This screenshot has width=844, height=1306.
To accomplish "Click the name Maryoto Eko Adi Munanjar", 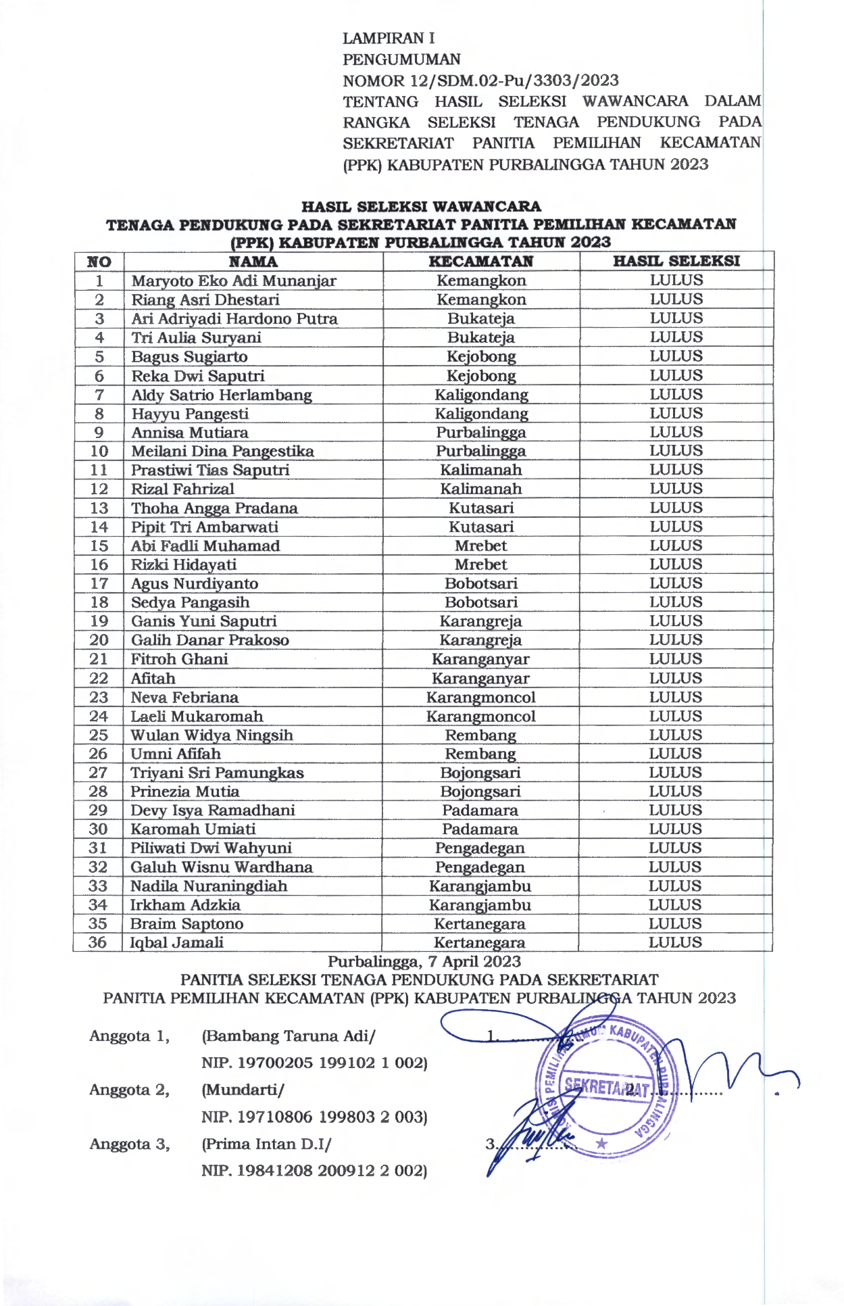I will coord(234,281).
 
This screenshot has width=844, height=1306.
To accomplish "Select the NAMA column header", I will coord(253,262).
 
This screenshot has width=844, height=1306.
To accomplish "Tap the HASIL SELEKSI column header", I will coord(676,261).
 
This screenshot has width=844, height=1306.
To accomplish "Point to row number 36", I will coord(98,942).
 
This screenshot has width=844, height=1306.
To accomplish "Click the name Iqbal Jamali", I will coord(176,942).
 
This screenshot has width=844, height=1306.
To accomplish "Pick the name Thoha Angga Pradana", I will coord(214,508).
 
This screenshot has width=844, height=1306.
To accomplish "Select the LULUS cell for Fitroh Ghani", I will coord(676,659).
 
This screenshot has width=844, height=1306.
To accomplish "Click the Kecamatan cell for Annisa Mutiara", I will coord(480,433).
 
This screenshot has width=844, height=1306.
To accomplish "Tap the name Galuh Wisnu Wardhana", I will coord(221,867).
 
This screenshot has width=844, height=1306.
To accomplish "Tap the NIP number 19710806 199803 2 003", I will coord(315,1117).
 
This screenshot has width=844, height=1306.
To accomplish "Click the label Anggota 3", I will coord(129,1144).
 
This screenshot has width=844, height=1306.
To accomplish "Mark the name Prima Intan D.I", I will coord(266,1144).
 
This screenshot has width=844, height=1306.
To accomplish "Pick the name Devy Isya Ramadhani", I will coord(213,811).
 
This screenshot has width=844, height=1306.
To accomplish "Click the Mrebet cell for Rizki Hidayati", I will coord(480,564).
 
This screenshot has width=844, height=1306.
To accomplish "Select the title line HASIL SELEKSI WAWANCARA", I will coord(421,206).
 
